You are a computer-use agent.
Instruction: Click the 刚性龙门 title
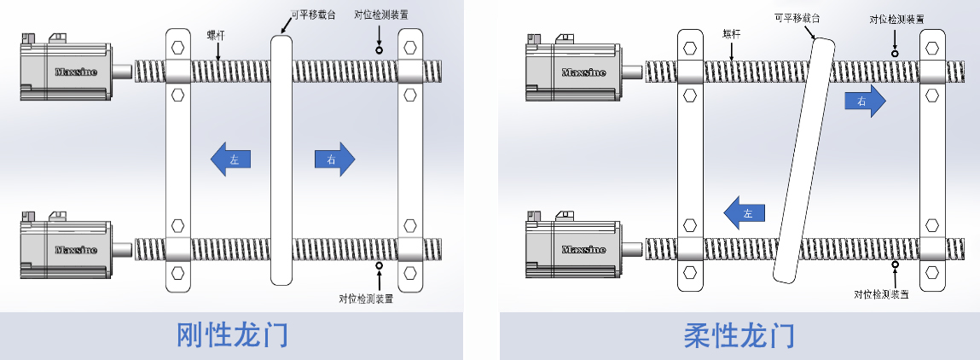point(231,335)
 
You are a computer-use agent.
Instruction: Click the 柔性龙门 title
point(739,335)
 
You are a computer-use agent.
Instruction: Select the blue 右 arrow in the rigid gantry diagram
point(333,160)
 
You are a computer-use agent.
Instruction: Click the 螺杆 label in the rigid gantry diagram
point(217,35)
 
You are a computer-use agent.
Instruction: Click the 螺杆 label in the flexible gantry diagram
point(732,34)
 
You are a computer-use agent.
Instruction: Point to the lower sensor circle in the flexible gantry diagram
point(895,265)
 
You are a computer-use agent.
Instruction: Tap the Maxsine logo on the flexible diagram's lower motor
point(584,249)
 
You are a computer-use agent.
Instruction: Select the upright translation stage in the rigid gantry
point(282,160)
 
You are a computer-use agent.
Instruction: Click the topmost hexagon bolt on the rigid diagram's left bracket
point(177,46)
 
